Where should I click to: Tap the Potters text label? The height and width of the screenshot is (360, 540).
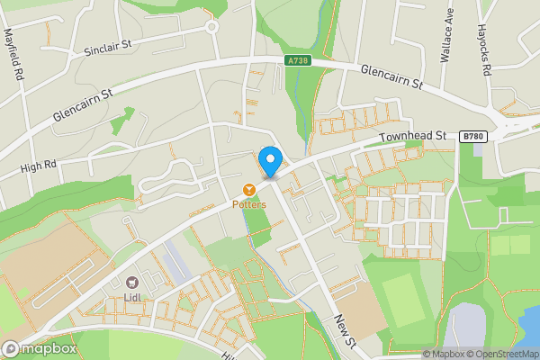(249, 204)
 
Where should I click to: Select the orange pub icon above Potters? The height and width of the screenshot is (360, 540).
(249, 189)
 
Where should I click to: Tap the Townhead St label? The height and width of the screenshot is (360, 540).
(412, 136)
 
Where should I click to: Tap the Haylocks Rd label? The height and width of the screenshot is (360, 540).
(484, 42)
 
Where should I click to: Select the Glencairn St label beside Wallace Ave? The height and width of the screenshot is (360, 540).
(391, 76)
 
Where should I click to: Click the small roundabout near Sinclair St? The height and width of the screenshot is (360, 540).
(213, 27)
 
